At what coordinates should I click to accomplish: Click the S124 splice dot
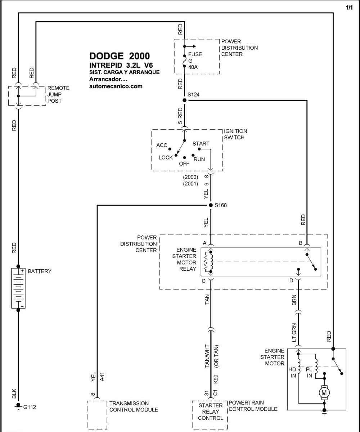click(184, 100)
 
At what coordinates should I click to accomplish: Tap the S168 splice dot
click(211, 205)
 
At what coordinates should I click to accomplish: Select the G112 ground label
click(30, 407)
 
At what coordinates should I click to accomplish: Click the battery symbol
click(18, 288)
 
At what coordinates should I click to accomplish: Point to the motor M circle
click(324, 393)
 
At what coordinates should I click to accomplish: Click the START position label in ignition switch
click(201, 144)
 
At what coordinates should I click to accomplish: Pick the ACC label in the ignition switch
click(162, 145)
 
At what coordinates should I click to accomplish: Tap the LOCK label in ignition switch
click(166, 157)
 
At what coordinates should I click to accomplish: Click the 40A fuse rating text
click(193, 67)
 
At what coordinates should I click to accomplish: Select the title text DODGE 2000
click(120, 56)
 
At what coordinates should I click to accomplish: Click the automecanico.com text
click(116, 86)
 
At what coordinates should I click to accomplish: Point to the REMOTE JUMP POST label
click(58, 94)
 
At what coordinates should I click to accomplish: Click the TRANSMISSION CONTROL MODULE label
click(134, 406)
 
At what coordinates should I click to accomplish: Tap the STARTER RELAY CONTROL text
click(210, 412)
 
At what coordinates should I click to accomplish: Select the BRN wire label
click(294, 300)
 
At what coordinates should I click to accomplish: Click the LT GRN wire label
click(294, 333)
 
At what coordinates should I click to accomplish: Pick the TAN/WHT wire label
click(207, 356)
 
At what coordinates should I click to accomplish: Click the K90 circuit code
click(216, 379)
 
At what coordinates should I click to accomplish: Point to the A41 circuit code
click(102, 377)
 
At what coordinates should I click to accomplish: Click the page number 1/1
click(349, 8)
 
